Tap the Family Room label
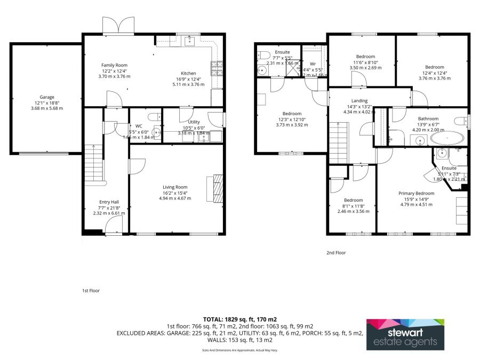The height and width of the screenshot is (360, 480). [x=114, y=65]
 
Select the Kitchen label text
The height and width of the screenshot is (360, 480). [x=188, y=73]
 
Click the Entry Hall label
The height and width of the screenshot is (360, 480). [x=109, y=202]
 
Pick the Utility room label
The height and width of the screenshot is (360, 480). [x=194, y=122]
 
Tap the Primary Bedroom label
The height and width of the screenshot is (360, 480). [x=417, y=193]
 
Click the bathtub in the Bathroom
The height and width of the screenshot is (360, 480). [x=447, y=139]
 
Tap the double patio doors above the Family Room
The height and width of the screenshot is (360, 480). [x=117, y=25]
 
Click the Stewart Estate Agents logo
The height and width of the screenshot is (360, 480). [x=405, y=334]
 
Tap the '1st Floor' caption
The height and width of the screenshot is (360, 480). [x=91, y=291]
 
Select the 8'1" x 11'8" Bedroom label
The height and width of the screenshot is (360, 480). [x=353, y=200]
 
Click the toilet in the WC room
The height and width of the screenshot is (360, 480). [x=153, y=117]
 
